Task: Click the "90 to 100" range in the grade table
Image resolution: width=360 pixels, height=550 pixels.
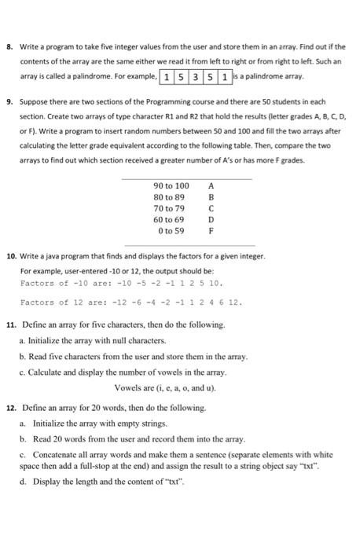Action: [173, 185]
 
